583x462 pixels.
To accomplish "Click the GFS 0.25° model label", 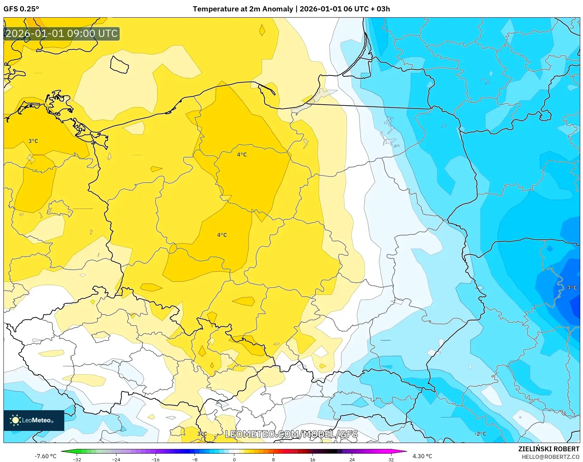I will [x=21, y=9].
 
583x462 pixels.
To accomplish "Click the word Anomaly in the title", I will [x=278, y=9].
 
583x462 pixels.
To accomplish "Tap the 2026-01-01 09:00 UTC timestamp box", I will [x=62, y=34].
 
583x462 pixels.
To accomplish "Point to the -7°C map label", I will [x=571, y=288].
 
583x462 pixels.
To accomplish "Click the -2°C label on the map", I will [x=480, y=434].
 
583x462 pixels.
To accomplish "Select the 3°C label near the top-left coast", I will [x=33, y=141].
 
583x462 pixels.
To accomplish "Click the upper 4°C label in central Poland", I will [x=242, y=154].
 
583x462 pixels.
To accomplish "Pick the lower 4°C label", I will [x=222, y=235].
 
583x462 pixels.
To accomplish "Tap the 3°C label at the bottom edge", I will [x=202, y=434].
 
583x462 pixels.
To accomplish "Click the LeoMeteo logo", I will [x=34, y=420].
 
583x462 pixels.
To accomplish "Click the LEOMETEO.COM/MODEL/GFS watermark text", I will [x=291, y=434].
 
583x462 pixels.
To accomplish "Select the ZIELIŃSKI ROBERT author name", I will [x=548, y=449].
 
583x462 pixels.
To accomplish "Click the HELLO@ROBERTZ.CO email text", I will [x=550, y=457].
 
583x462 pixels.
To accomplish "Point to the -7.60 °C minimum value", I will [x=45, y=456].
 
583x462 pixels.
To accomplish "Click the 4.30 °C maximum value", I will [x=422, y=456].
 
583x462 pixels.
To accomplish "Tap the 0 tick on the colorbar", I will [x=234, y=459].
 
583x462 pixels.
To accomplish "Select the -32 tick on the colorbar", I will [x=77, y=459].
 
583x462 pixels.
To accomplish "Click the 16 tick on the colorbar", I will [x=312, y=459].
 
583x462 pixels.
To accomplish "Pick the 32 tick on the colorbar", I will [x=391, y=459].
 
